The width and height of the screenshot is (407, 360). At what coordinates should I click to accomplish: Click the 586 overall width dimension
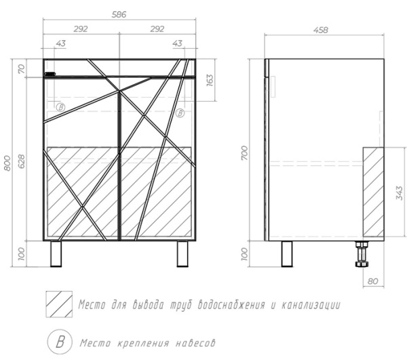point(119,14)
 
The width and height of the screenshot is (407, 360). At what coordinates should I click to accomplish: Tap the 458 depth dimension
point(321,30)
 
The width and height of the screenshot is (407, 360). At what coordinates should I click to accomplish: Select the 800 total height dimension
point(7,163)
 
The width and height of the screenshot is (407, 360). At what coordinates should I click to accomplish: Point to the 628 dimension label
point(22,161)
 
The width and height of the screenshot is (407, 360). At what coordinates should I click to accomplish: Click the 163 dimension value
point(210,80)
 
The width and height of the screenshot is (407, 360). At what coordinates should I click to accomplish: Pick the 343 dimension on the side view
point(400,193)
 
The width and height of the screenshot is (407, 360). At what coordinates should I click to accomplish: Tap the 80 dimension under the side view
point(372,281)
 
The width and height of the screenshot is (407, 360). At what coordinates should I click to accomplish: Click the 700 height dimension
point(244,153)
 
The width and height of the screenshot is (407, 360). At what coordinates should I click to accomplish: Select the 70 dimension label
point(22,69)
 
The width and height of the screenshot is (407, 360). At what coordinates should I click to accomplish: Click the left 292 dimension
point(81,28)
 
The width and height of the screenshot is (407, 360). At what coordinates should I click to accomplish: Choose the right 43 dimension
point(178,43)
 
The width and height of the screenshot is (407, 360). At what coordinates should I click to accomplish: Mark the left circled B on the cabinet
point(60,107)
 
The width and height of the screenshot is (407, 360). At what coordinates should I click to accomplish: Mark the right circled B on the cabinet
point(180,113)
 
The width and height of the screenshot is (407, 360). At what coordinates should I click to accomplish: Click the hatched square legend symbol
point(59,304)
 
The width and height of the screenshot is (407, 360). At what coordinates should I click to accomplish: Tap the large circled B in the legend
point(60,342)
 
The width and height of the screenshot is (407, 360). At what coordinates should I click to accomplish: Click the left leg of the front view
point(56,254)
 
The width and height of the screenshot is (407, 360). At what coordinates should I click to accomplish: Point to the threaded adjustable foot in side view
point(362,254)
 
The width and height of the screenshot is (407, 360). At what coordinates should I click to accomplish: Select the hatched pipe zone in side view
point(373,192)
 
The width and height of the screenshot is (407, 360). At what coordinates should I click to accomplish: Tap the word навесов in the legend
point(195,344)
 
